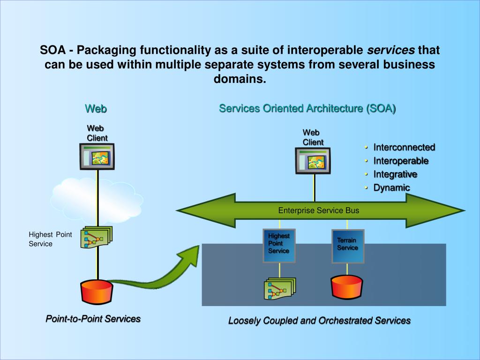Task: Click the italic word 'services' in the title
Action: pos(390,50)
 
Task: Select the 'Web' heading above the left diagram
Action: pos(96,109)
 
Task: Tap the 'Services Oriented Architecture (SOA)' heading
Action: pos(307,109)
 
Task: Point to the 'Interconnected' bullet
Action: pos(404,147)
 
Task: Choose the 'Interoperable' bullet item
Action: pos(401,161)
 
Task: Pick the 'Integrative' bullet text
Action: pos(395,174)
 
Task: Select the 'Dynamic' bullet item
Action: pos(391,188)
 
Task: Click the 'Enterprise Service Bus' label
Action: pos(319,210)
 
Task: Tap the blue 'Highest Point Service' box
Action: pos(279,245)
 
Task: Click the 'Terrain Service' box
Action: pos(348,246)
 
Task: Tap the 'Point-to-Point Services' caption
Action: pos(93,319)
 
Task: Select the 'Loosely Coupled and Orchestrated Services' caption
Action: pos(319,321)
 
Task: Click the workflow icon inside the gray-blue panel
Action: pos(279,289)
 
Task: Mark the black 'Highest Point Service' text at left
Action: pos(50,239)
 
